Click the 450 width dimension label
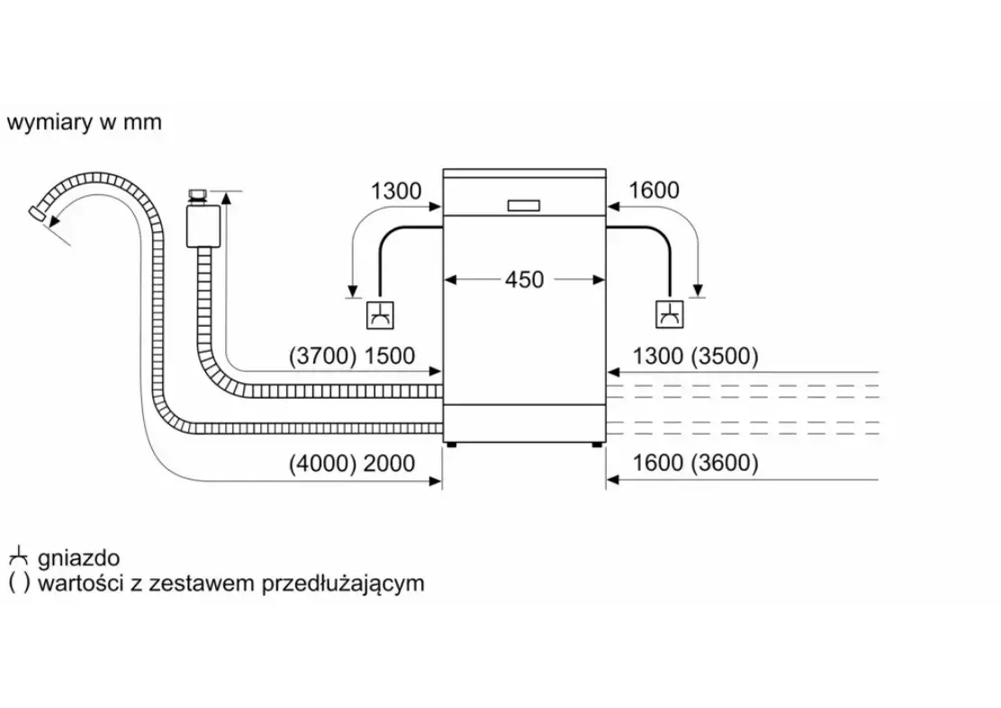(x=524, y=280)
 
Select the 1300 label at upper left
(x=396, y=191)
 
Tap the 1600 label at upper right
(x=654, y=190)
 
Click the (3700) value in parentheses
(x=322, y=356)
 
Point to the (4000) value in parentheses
(x=322, y=463)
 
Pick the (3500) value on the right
(x=725, y=356)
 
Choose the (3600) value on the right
(x=725, y=463)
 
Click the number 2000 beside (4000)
(x=389, y=463)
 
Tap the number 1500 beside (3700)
(x=389, y=356)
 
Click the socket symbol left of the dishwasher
(x=380, y=315)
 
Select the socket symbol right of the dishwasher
(x=670, y=315)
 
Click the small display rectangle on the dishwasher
(x=524, y=205)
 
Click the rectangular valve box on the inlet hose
(x=203, y=225)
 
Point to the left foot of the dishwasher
(x=451, y=444)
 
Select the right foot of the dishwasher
(x=597, y=444)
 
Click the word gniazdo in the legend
(x=78, y=559)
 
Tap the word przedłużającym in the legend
(x=344, y=584)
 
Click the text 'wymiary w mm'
(x=85, y=122)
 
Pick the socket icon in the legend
(x=19, y=557)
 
